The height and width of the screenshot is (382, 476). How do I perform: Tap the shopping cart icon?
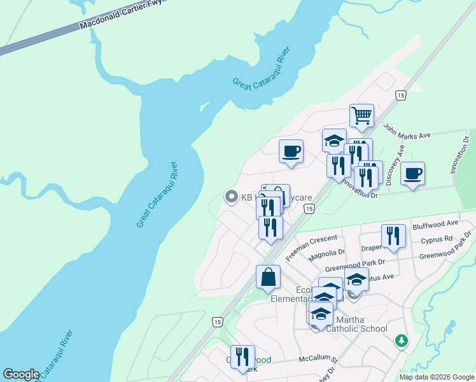tap(361, 117)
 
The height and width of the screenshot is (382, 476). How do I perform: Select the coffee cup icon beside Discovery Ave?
tap(412, 174)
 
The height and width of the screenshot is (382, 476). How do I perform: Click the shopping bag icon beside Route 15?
tap(268, 278)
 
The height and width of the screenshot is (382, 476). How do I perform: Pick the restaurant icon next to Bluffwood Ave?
tap(393, 236)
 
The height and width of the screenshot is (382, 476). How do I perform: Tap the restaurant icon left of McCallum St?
tap(242, 357)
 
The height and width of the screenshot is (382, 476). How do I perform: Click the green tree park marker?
tap(401, 341)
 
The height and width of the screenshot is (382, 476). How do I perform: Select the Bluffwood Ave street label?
tap(435, 224)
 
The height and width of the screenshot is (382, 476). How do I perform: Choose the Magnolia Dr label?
tap(326, 256)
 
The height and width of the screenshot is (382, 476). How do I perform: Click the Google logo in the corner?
tap(21, 374)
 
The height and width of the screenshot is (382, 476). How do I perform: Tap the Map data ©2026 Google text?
tap(436, 377)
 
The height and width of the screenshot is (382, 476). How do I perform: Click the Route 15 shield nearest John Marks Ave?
tap(400, 95)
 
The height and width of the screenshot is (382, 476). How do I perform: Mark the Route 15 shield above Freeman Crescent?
tap(309, 209)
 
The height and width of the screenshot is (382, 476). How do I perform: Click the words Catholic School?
tap(356, 329)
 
